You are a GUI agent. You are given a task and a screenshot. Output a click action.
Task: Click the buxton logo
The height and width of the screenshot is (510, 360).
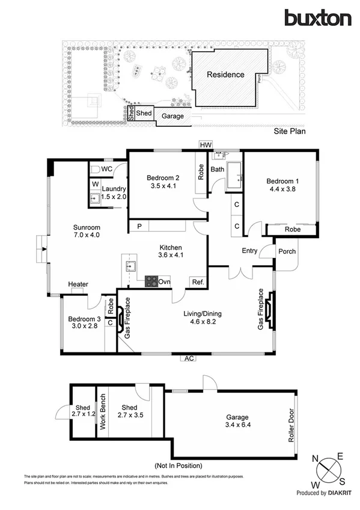click(317, 18)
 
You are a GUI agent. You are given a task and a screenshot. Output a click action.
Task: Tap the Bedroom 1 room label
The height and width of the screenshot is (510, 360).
click(281, 182)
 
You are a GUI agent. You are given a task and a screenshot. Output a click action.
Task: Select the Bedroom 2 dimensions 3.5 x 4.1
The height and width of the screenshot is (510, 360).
click(163, 186)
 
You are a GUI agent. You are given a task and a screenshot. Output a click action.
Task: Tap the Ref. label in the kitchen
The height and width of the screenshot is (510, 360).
click(197, 282)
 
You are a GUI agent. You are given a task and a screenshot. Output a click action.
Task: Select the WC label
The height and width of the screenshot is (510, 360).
click(107, 169)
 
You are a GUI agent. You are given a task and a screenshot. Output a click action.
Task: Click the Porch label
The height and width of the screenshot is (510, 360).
click(286, 251)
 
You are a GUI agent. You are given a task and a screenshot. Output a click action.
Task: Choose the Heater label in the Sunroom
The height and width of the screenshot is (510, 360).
click(78, 284)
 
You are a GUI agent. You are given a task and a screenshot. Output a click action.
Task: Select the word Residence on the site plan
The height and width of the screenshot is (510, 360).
click(225, 75)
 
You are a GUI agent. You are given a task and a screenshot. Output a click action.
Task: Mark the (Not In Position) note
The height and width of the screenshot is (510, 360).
click(178, 465)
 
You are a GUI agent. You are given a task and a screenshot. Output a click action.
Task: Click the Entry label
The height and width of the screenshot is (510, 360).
click(249, 250)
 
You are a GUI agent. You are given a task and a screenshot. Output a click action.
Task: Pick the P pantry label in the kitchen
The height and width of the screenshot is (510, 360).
click(139, 226)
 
